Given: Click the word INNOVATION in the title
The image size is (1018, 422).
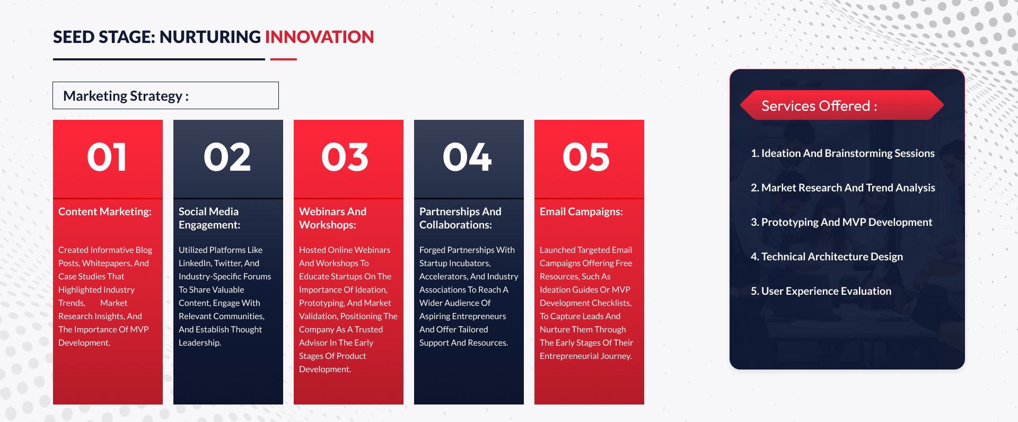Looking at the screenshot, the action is coord(319,37).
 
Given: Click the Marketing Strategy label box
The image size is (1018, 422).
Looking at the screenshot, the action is coord(165,95).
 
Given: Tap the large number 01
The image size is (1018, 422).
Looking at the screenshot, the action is coord(107,157).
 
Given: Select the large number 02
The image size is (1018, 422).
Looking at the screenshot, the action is coord(227,157).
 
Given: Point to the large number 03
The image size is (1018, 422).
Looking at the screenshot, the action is coord(345,157).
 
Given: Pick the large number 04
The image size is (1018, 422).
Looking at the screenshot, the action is coord(468,157).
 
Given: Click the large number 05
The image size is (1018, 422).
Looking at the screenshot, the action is coord(586,157).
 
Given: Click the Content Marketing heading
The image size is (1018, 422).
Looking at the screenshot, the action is coord(105,212).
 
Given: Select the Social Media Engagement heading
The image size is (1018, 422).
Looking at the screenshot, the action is coord(209,218).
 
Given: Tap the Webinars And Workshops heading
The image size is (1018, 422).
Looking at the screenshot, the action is coord(332,218).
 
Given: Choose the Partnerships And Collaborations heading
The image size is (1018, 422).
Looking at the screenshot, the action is coord(460,218).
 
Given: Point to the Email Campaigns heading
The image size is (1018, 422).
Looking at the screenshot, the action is coord(581,212).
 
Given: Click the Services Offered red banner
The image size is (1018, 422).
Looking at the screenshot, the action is coord(842,105).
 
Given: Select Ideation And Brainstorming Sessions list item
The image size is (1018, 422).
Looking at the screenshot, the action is coord(843,153).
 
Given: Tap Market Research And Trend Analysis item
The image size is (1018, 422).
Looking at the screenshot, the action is coord(843,188).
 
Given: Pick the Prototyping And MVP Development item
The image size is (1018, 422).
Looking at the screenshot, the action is coord(841,222).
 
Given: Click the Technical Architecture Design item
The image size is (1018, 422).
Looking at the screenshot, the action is coord(827,257).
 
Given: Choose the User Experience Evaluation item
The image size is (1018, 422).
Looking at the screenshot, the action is coord(821,291).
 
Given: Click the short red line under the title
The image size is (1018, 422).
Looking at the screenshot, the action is coord(284,59).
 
